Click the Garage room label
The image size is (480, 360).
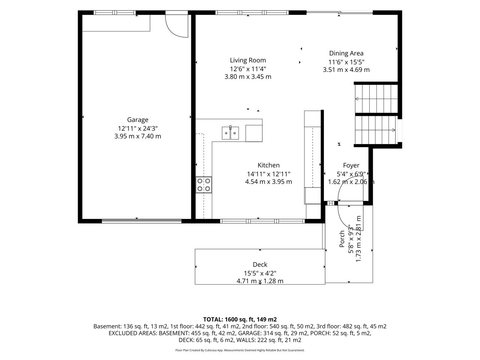(x=138, y=120)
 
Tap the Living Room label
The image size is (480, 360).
(x=248, y=60)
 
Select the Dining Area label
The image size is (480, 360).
(x=346, y=53)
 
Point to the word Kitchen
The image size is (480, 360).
(x=268, y=165)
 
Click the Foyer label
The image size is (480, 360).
(x=351, y=165)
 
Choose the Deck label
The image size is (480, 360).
(x=260, y=264)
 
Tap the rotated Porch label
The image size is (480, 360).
(x=342, y=239)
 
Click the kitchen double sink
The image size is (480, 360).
(x=230, y=133)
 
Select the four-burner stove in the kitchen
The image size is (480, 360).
(x=204, y=185)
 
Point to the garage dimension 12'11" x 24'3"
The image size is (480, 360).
(x=138, y=128)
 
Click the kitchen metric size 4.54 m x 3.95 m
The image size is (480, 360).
(x=268, y=181)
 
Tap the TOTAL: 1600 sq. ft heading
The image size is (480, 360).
(x=240, y=319)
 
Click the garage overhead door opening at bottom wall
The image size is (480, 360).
(x=141, y=221)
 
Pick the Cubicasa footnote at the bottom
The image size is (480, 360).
(x=240, y=350)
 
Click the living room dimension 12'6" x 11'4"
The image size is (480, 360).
(x=248, y=69)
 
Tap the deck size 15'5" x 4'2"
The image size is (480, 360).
(x=260, y=273)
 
